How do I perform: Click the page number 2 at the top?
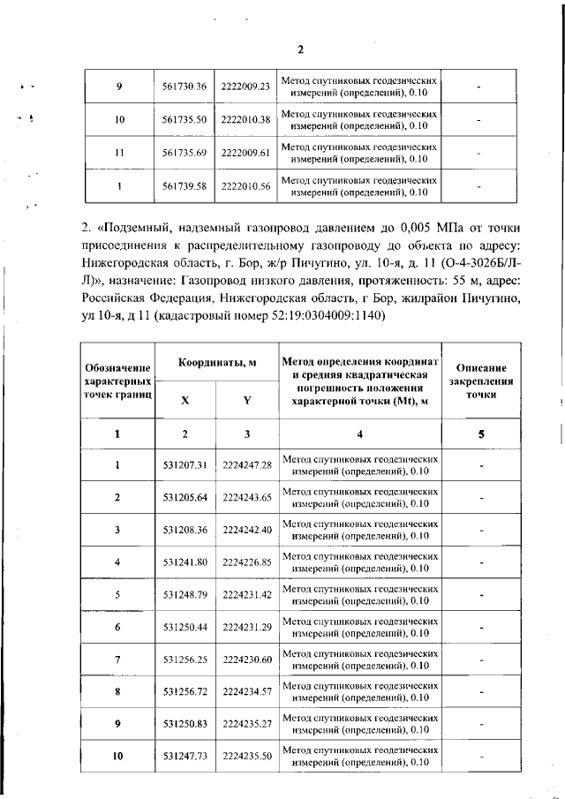point(299,49)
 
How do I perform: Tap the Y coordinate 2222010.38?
point(246,119)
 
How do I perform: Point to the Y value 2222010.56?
point(246,186)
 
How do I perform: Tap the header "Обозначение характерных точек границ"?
point(118,382)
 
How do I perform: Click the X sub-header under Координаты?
point(185,400)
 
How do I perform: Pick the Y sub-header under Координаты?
point(247,400)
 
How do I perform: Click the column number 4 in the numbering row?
point(359,433)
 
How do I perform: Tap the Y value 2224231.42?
point(247,594)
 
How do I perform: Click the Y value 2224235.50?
point(247,757)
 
